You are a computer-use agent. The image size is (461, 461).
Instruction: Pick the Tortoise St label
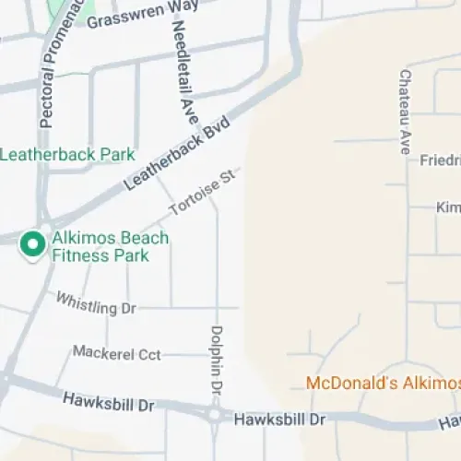[x=204, y=193]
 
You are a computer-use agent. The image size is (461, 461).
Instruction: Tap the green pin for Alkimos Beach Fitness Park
[x=33, y=244]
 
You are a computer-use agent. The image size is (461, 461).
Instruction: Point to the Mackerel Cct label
[x=117, y=353]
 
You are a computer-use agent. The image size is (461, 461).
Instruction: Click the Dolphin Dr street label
[x=218, y=360]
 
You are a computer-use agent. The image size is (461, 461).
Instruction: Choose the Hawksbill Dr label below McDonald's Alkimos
[x=280, y=420]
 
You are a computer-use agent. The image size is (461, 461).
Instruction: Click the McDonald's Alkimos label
[x=383, y=383]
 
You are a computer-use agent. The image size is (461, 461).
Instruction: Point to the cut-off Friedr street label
[x=440, y=160]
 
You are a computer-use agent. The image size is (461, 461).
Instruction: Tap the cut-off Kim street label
[x=448, y=207]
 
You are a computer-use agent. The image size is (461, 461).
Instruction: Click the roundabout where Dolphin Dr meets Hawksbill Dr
[x=216, y=415]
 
